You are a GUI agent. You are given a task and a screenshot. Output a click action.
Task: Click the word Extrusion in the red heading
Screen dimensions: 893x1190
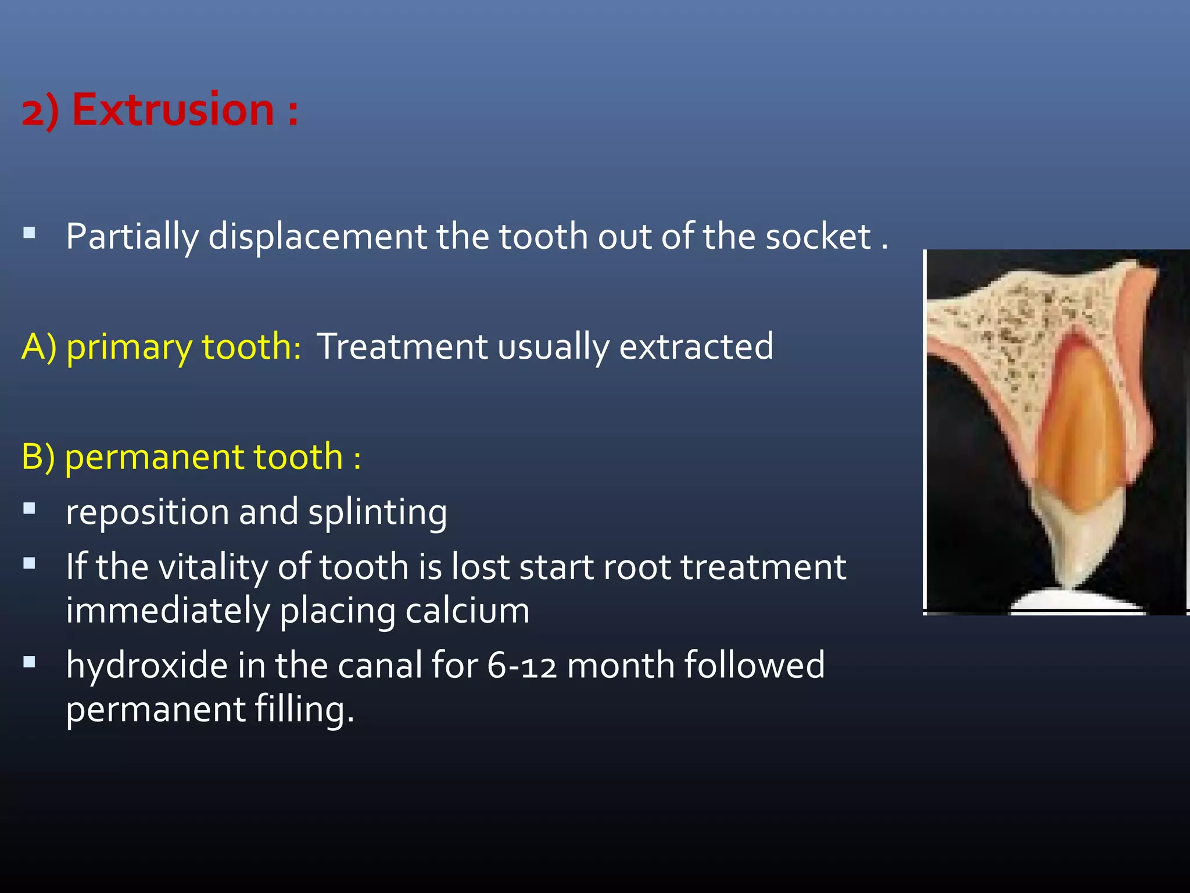pyautogui.click(x=173, y=109)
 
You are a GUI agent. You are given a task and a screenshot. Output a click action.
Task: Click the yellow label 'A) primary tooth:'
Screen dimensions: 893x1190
pyautogui.click(x=161, y=347)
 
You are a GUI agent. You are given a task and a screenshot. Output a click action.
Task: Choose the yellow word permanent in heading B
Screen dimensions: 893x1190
pyautogui.click(x=203, y=456)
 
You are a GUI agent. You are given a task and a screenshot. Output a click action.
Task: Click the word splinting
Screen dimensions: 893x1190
pyautogui.click(x=378, y=512)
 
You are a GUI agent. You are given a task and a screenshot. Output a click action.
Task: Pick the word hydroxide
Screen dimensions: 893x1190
pyautogui.click(x=146, y=665)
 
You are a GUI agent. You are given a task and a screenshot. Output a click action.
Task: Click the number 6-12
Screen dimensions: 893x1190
pyautogui.click(x=521, y=666)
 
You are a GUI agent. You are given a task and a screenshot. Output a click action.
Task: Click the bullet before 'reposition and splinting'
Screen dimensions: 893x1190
pyautogui.click(x=30, y=509)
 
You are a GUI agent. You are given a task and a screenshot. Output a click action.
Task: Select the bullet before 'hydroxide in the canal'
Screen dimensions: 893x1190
pyautogui.click(x=30, y=662)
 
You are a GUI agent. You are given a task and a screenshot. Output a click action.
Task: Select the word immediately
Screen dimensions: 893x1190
pyautogui.click(x=167, y=610)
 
